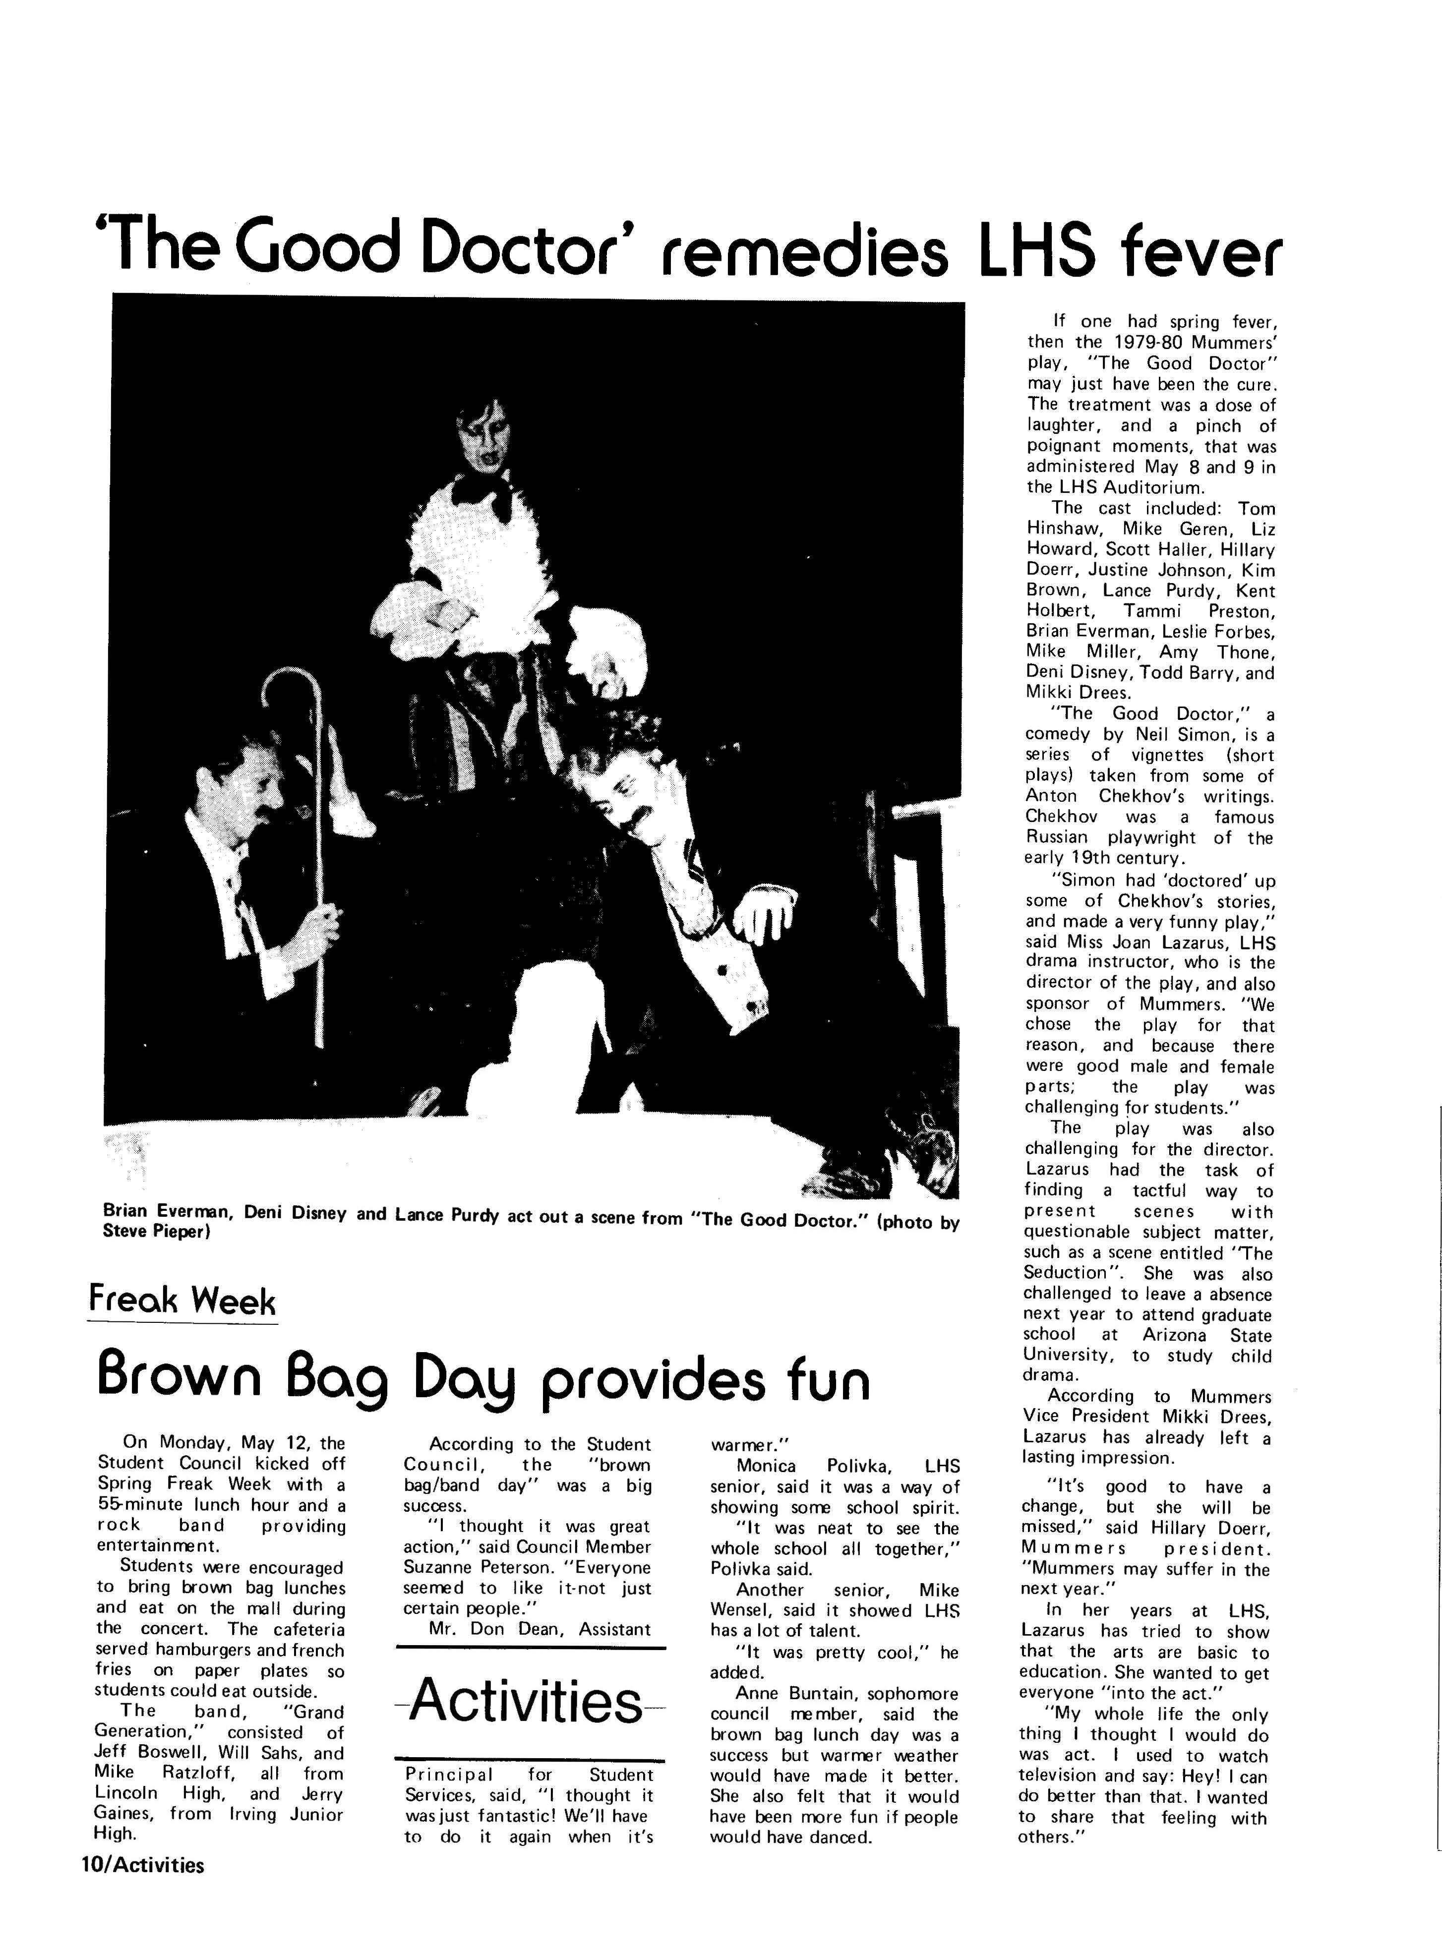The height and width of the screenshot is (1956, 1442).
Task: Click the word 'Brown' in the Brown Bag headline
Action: click(x=192, y=1377)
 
